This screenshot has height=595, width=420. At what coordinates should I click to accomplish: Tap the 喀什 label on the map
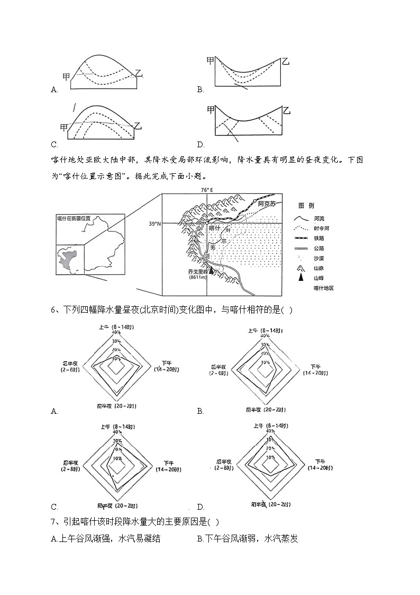pos(214,228)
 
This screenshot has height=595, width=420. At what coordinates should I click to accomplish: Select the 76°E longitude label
pos(206,190)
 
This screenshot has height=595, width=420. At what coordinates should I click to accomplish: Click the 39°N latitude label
pos(154,224)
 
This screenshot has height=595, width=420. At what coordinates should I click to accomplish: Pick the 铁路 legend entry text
pos(318,238)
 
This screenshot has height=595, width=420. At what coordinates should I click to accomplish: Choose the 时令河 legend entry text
pos(321,228)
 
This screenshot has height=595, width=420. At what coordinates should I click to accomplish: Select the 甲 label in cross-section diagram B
pos(211,61)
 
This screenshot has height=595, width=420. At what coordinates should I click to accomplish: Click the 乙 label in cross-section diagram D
pos(287,111)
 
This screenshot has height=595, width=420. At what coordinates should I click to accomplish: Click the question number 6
pos(54,310)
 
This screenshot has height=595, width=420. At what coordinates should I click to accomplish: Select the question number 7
pos(54,522)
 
